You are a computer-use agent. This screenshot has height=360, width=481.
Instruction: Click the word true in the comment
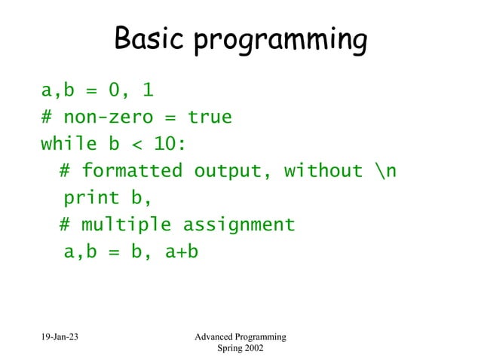pyautogui.click(x=210, y=117)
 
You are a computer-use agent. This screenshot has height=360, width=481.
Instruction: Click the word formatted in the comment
pyautogui.click(x=132, y=172)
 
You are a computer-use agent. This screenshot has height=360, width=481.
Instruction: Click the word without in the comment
pyautogui.click(x=323, y=171)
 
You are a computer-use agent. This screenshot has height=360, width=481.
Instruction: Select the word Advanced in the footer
pyautogui.click(x=219, y=336)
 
